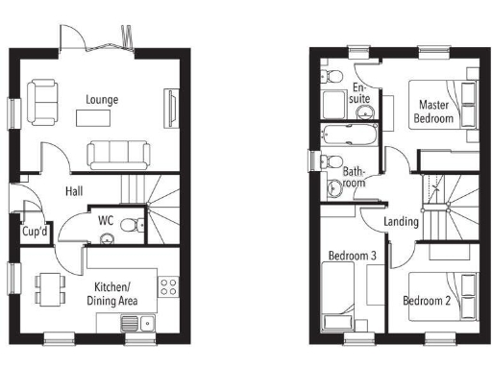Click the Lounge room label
[x=102, y=99]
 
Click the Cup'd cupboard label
[x=36, y=232]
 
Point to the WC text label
[x=107, y=221]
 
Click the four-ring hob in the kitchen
[x=167, y=286]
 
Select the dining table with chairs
[x=48, y=287]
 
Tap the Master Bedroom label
[x=433, y=111]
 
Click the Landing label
[x=401, y=222]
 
